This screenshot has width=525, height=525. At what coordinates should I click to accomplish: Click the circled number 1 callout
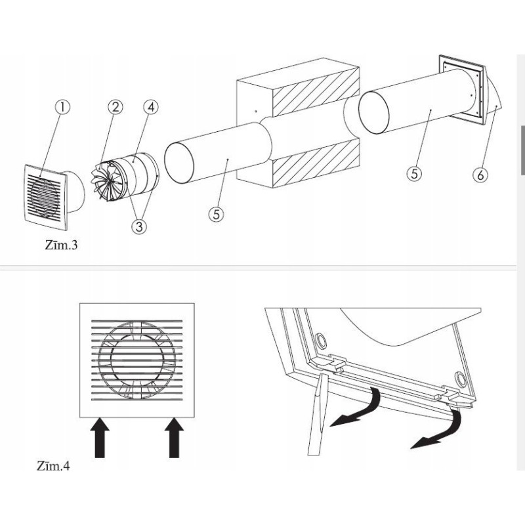62,108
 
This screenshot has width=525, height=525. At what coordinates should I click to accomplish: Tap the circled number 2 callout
115,107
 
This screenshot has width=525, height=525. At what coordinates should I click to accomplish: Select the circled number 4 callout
151,107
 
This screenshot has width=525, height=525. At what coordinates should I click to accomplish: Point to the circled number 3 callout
139,226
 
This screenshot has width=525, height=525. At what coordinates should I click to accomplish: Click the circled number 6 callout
480,175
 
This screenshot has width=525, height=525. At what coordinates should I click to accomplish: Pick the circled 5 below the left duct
217,214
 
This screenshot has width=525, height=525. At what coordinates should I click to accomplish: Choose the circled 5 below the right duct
415,174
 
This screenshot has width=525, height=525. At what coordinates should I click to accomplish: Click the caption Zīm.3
61,245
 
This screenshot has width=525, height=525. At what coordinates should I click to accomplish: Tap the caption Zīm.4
54,466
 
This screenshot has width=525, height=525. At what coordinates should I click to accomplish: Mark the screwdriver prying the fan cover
318,415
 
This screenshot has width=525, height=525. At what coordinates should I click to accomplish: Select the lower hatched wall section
316,163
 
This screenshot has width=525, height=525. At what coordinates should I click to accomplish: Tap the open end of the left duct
178,163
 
